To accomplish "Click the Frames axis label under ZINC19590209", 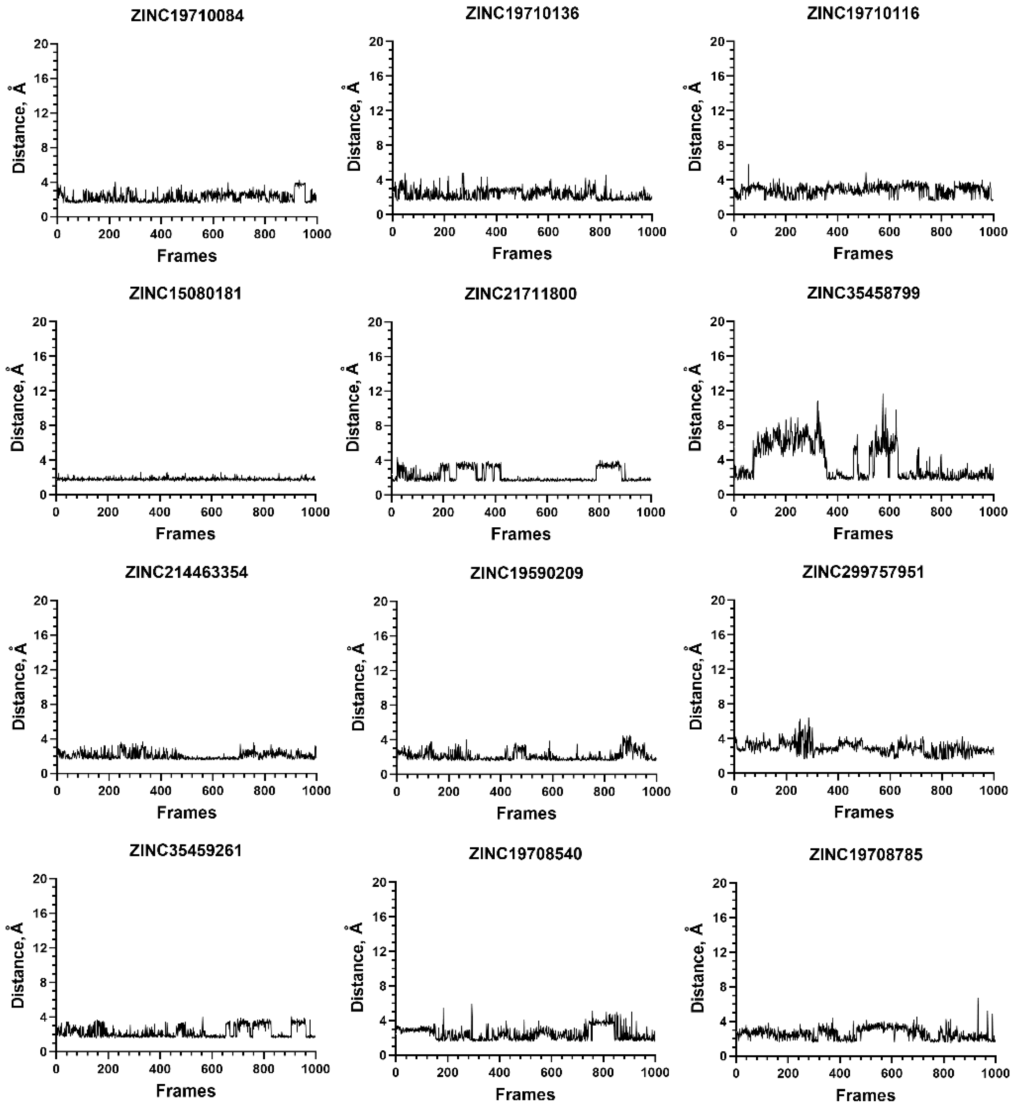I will (526, 813).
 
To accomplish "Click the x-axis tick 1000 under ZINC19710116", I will (993, 232).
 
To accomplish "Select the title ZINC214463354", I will (187, 572).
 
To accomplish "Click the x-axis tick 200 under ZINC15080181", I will (108, 512).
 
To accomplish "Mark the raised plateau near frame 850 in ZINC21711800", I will (609, 465).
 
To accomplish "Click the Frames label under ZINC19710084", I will (187, 256).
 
